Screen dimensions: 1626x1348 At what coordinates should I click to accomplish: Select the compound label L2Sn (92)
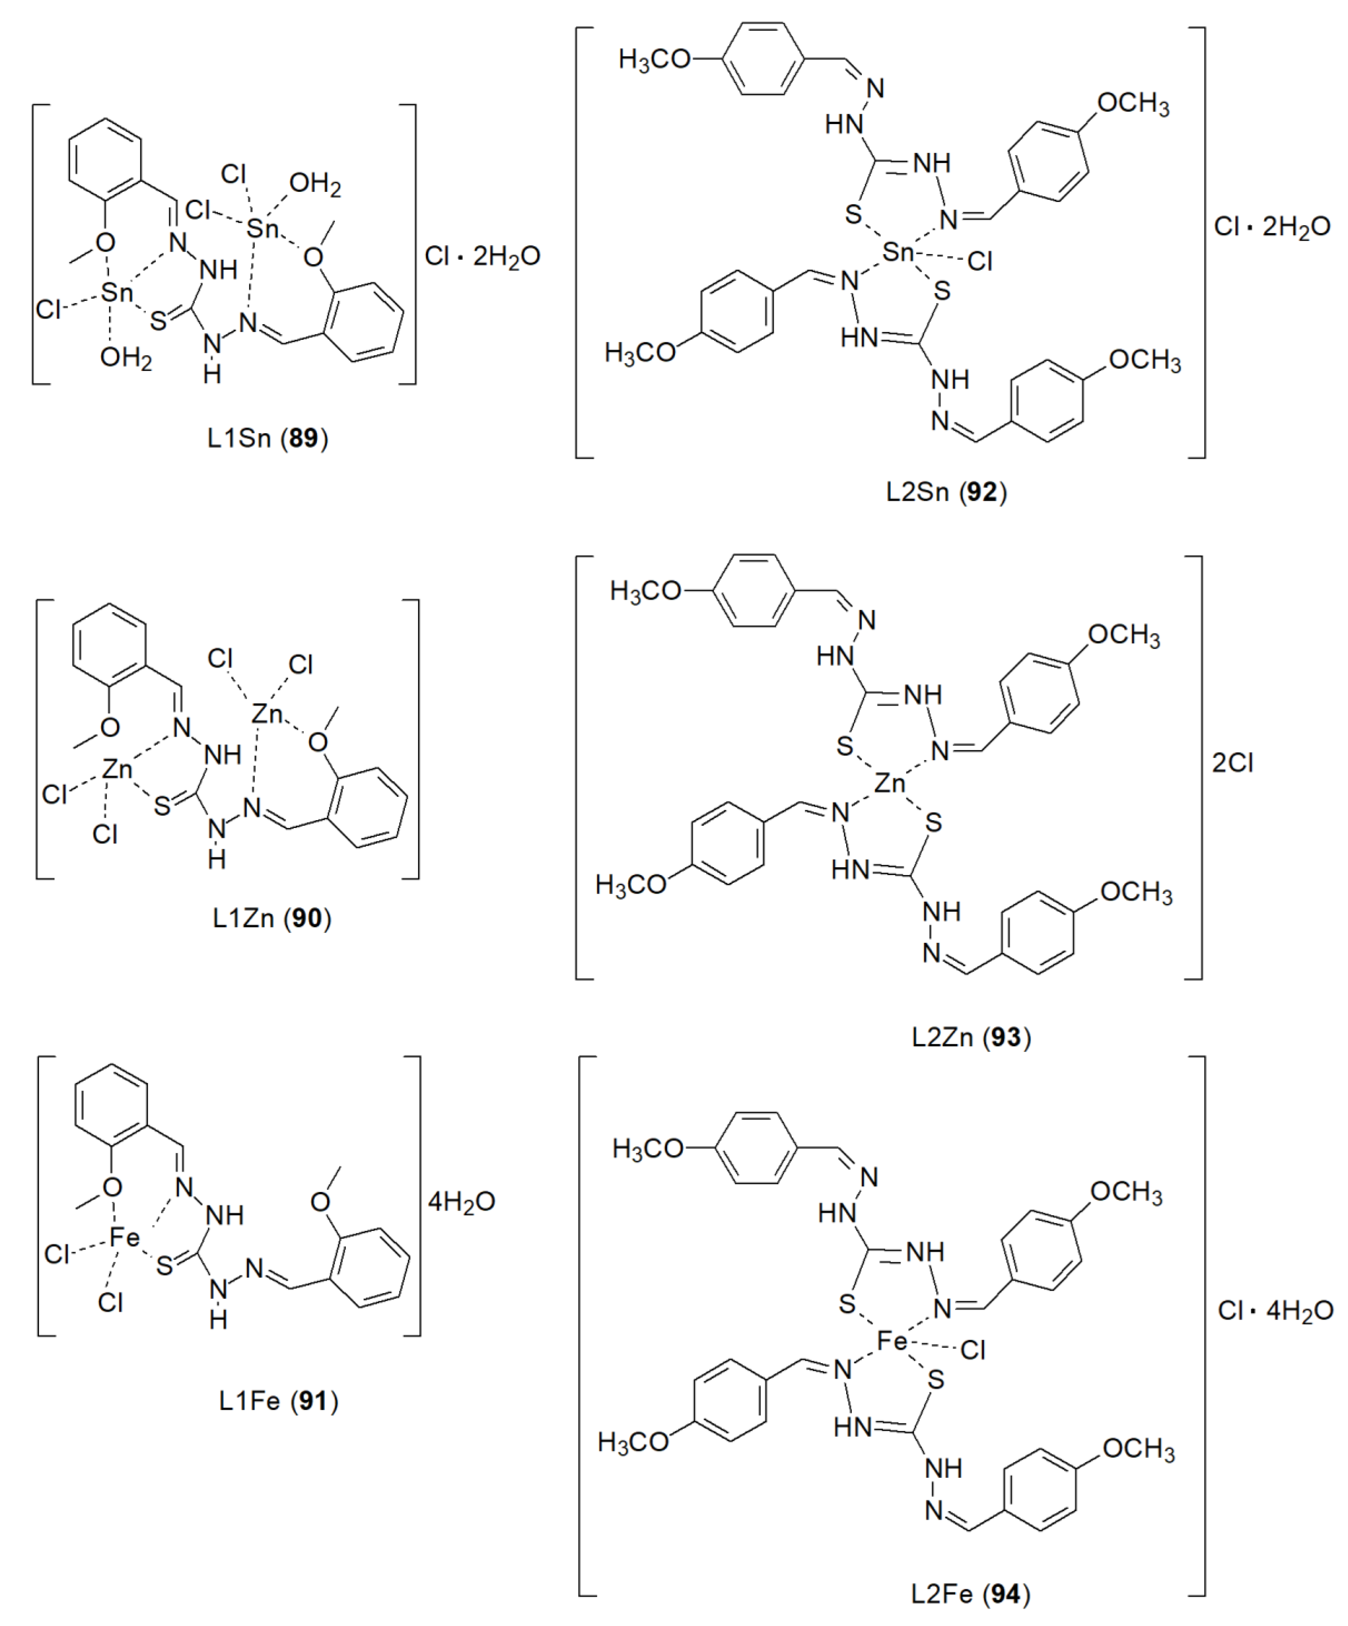(x=947, y=492)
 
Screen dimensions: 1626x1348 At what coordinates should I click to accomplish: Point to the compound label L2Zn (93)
(x=971, y=1037)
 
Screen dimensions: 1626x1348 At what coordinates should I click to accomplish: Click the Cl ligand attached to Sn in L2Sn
(x=980, y=262)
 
